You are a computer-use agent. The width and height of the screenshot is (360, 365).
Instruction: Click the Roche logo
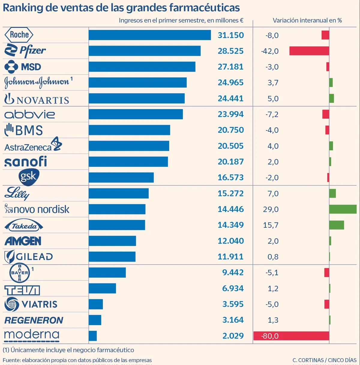19,35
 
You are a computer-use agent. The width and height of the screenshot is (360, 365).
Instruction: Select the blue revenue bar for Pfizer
144,51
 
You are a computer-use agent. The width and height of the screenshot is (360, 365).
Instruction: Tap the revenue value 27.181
230,67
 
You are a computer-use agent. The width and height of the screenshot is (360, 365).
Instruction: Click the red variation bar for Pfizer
309,51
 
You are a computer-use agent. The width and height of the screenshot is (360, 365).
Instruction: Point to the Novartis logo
37,99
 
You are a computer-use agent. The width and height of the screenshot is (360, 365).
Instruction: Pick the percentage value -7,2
272,114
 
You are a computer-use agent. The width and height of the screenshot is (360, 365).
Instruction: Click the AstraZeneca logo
33,145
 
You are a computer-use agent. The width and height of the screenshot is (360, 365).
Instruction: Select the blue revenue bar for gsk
121,178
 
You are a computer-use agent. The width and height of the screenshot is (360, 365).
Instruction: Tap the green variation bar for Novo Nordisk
343,209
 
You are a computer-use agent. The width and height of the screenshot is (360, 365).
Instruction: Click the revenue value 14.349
230,225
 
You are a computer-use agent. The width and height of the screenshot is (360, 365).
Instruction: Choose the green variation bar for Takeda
336,225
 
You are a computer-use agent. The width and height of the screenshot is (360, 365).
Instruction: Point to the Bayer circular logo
20,273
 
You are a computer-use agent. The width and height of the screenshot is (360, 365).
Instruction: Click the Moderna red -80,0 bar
291,336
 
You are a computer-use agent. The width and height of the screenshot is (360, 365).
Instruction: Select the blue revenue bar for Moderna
93,336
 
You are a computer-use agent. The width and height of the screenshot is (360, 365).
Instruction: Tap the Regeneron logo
34,320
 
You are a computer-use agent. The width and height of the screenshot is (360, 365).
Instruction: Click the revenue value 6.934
233,289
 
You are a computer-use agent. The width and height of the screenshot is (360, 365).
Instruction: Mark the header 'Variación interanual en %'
307,20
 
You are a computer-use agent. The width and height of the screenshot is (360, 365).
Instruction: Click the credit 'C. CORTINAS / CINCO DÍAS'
324,360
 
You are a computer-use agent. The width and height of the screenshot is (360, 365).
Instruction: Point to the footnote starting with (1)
68,350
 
